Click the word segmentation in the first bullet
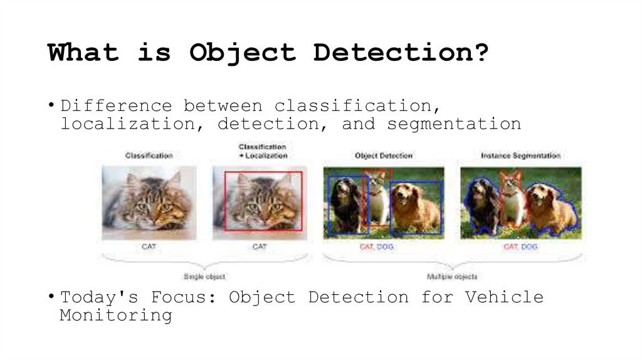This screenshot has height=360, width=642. pyautogui.click(x=453, y=124)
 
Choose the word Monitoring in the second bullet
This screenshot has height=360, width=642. pyautogui.click(x=116, y=315)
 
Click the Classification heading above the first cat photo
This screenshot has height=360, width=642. pyautogui.click(x=149, y=156)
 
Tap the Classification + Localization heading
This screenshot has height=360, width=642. pyautogui.click(x=263, y=151)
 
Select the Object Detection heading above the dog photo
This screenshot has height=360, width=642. pyautogui.click(x=384, y=156)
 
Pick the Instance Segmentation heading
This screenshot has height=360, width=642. pyautogui.click(x=520, y=156)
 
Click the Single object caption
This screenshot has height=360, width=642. pyautogui.click(x=204, y=277)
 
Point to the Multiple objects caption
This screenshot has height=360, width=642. pyautogui.click(x=452, y=277)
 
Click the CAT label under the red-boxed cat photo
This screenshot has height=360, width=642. pyautogui.click(x=260, y=247)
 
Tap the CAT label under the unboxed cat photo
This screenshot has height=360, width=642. pyautogui.click(x=149, y=247)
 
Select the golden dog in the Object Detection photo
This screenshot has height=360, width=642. pyautogui.click(x=415, y=207)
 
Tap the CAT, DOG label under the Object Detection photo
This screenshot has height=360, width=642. pyautogui.click(x=376, y=247)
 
